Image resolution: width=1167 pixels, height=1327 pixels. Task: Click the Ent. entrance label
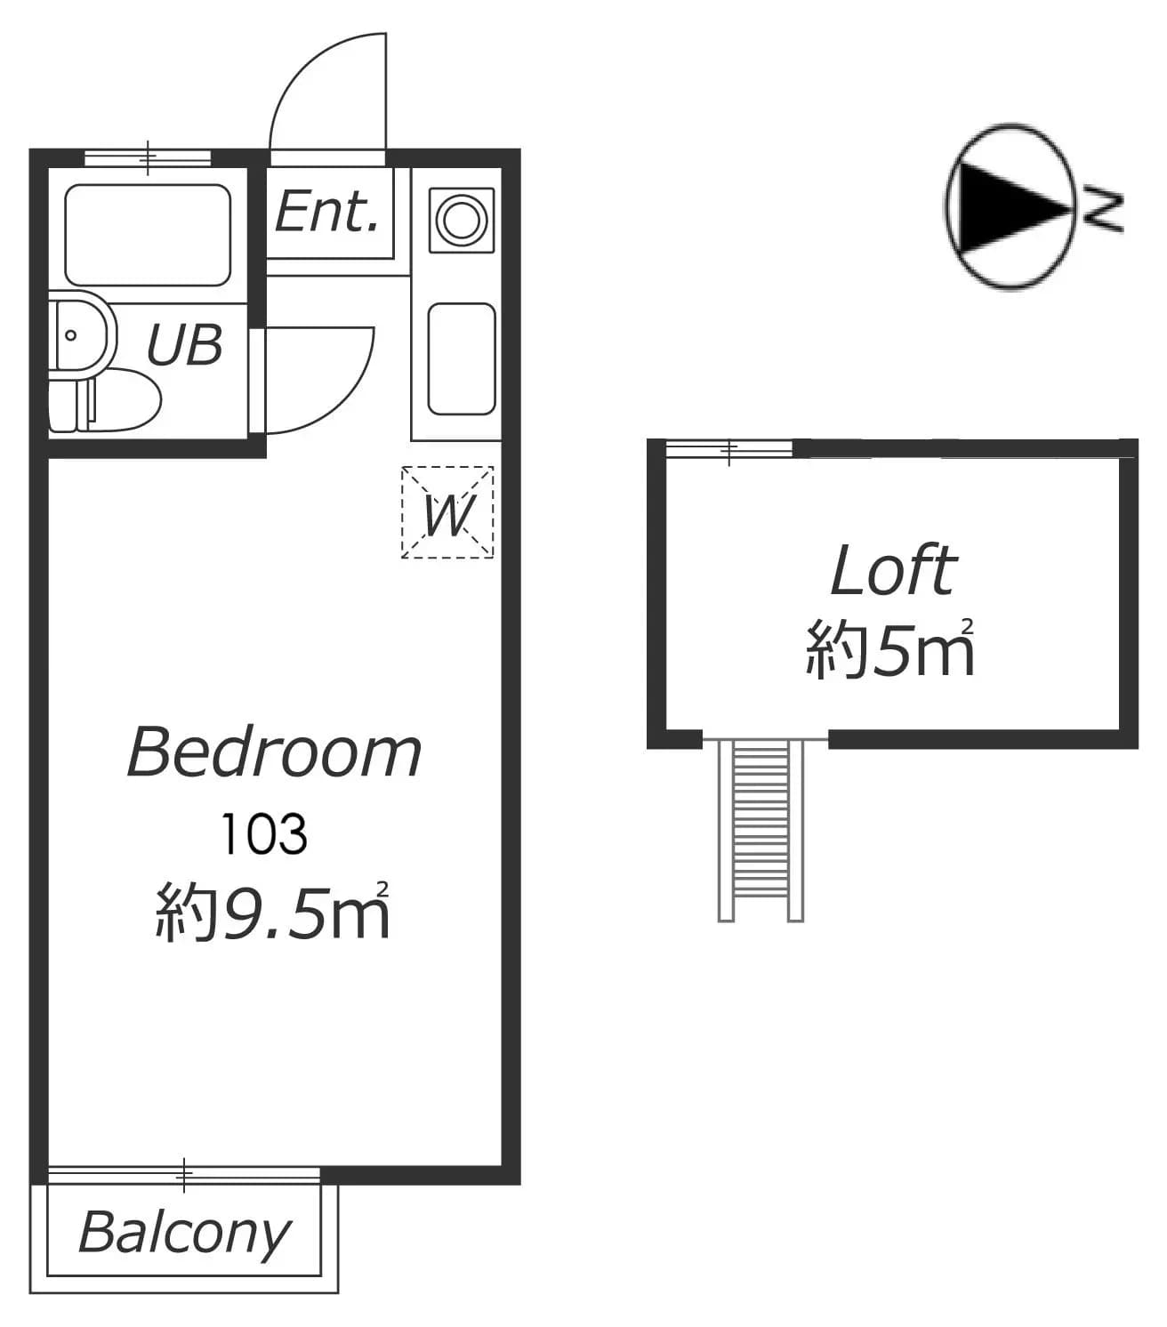[326, 212]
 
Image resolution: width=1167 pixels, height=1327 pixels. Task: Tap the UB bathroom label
[185, 344]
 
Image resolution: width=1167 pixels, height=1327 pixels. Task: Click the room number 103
[264, 833]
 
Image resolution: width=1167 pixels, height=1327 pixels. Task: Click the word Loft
[893, 570]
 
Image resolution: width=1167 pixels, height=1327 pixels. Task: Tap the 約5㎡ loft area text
[889, 647]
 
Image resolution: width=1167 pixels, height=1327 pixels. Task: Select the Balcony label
[184, 1235]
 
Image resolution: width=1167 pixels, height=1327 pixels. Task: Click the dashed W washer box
[447, 512]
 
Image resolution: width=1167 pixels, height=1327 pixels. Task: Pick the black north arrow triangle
[1009, 207]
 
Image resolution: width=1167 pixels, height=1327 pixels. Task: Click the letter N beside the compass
[1103, 211]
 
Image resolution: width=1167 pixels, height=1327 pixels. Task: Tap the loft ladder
[761, 831]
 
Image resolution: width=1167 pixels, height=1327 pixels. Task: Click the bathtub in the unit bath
[148, 235]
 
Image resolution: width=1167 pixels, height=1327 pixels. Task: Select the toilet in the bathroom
[105, 399]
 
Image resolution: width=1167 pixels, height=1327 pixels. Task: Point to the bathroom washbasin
[78, 334]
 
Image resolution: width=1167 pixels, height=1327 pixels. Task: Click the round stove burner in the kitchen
[462, 220]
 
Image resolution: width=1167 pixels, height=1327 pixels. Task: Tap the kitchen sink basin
[462, 359]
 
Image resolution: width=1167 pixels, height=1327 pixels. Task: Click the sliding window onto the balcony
[184, 1176]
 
